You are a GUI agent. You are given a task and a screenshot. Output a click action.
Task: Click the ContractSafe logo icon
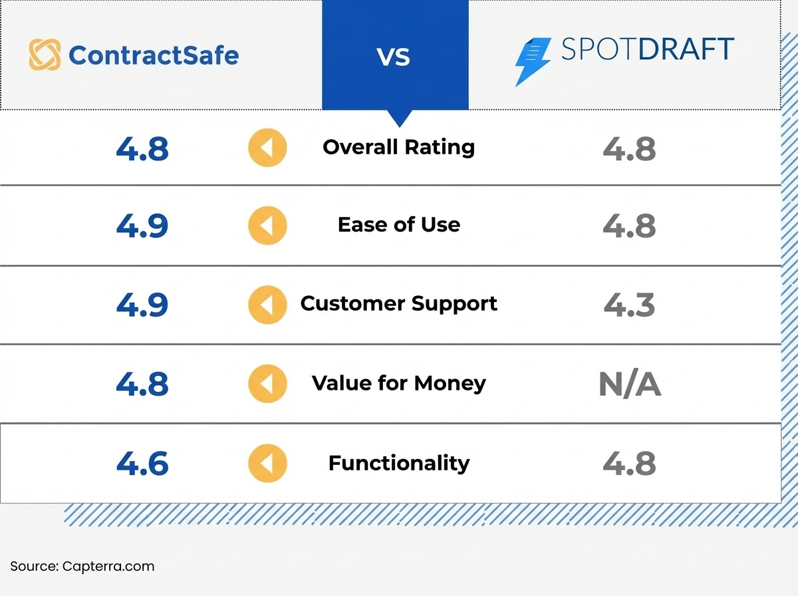(x=45, y=55)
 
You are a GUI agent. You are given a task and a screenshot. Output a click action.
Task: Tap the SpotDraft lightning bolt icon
(x=532, y=62)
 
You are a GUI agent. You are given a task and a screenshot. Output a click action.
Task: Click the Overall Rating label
(x=399, y=147)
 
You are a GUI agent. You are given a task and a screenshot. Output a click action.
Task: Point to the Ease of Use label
(x=399, y=225)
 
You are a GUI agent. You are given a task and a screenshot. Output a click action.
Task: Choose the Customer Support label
(x=399, y=304)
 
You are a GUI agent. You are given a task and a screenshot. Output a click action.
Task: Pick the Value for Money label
(x=399, y=383)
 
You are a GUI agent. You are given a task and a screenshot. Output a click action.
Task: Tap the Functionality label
(x=399, y=463)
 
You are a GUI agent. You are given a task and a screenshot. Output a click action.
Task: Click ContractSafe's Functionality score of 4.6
(x=142, y=464)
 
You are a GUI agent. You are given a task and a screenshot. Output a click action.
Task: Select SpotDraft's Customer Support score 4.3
(x=629, y=305)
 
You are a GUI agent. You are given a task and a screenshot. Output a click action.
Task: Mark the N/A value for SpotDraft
(x=629, y=384)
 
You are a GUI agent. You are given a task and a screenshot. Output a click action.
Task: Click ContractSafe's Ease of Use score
(x=142, y=226)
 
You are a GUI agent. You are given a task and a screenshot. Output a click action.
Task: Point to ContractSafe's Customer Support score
(x=142, y=305)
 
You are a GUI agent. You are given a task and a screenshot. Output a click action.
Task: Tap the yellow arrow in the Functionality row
(x=267, y=464)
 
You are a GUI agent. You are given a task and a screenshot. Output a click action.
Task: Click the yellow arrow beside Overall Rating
(x=267, y=148)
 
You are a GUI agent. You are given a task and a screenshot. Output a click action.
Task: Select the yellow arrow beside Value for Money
(x=267, y=384)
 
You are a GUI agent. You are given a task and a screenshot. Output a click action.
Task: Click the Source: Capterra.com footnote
(x=82, y=567)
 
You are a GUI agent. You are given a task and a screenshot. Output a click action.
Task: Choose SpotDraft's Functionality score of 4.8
(x=629, y=464)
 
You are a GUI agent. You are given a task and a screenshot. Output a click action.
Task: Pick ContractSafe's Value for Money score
(x=142, y=384)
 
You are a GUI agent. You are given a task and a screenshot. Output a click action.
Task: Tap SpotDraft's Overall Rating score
(x=629, y=149)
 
